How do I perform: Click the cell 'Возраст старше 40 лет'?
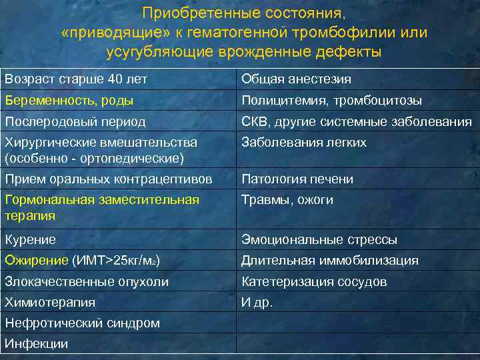pyautogui.click(x=76, y=79)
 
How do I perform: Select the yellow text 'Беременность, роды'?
pyautogui.click(x=69, y=101)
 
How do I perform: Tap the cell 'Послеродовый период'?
pyautogui.click(x=75, y=122)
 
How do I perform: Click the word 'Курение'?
pyautogui.click(x=30, y=239)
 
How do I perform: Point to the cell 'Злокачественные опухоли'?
pyautogui.click(x=86, y=281)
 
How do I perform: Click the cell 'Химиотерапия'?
pyautogui.click(x=50, y=302)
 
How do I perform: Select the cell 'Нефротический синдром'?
pyautogui.click(x=82, y=323)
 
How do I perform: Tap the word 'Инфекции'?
pyautogui.click(x=36, y=344)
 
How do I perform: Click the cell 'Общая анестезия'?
pyautogui.click(x=296, y=79)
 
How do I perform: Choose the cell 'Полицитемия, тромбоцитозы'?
pyautogui.click(x=331, y=101)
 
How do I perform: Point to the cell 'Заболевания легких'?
pyautogui.click(x=304, y=143)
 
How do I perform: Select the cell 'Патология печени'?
pyautogui.click(x=297, y=179)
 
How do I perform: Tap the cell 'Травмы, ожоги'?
pyautogui.click(x=287, y=200)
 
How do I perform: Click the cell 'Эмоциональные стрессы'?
pyautogui.click(x=319, y=239)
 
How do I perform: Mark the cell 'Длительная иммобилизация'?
pyautogui.click(x=330, y=260)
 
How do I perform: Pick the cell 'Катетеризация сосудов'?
pyautogui.click(x=314, y=281)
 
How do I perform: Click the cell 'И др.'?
pyautogui.click(x=257, y=302)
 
